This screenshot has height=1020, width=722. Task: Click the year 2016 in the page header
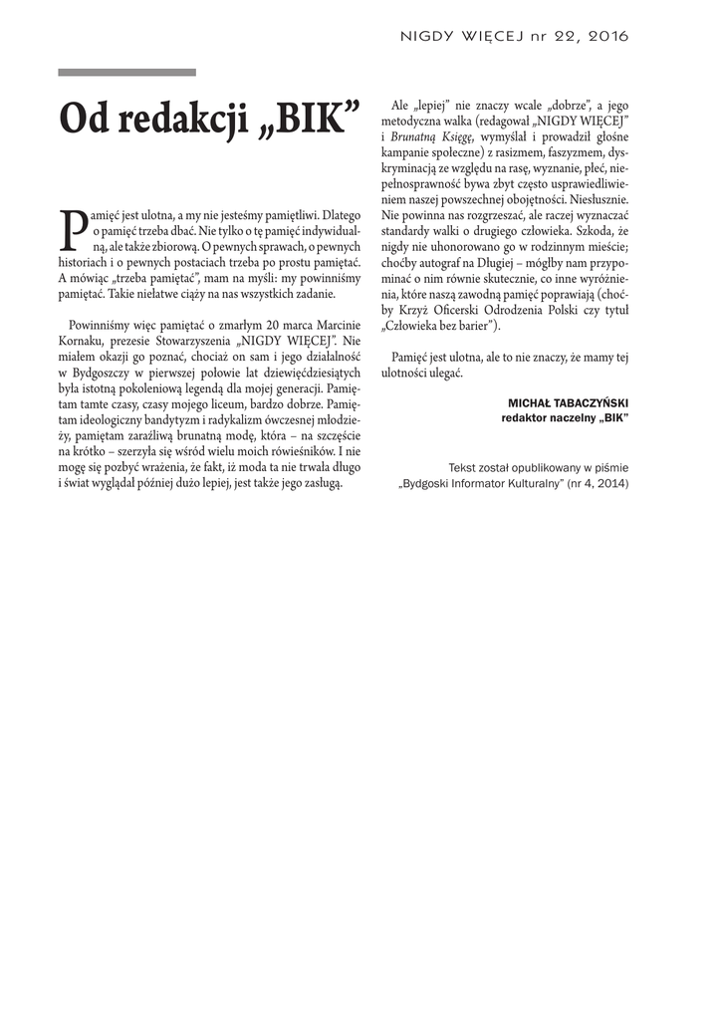click(x=608, y=36)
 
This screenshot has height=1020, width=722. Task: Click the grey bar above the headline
click(x=126, y=73)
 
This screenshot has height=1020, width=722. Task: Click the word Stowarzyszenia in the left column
click(x=194, y=342)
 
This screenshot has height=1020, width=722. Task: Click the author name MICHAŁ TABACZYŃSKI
click(x=569, y=402)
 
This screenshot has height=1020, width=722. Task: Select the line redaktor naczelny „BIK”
click(x=565, y=418)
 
